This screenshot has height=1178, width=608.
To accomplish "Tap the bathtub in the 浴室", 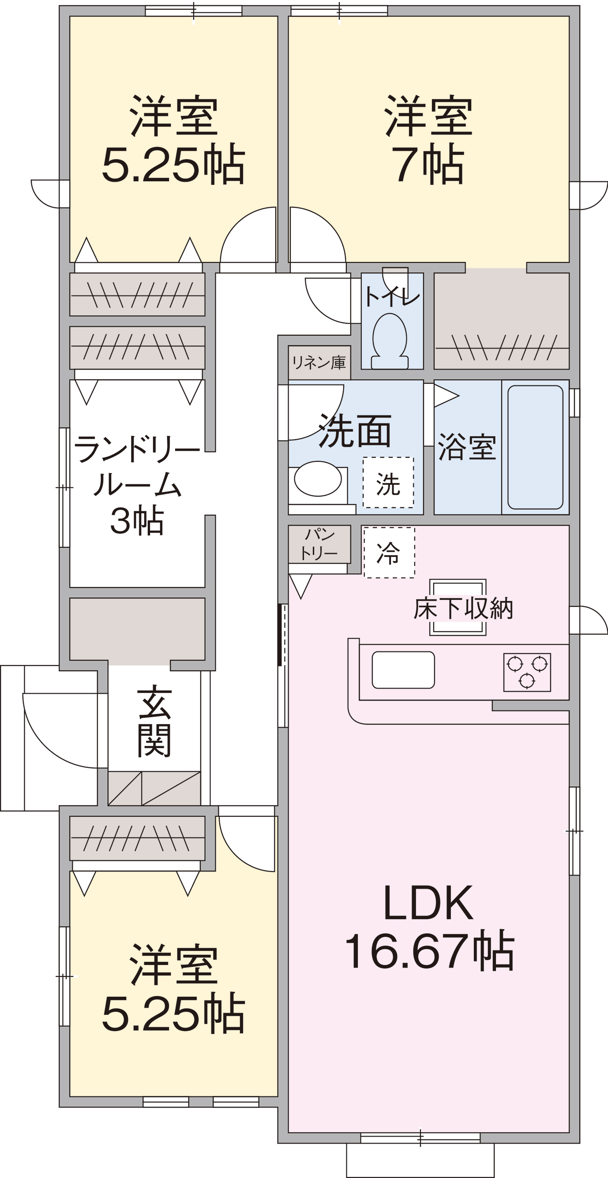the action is (x=535, y=447).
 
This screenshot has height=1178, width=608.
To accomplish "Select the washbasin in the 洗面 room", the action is (x=318, y=479).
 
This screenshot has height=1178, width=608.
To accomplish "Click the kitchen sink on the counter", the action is (x=403, y=669).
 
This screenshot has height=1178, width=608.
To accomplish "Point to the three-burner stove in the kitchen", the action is (x=527, y=672).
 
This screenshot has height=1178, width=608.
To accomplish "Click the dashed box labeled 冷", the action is (x=389, y=553).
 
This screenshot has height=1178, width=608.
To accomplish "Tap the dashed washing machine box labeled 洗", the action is (x=388, y=482).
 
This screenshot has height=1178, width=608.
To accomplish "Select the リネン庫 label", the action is (x=319, y=362).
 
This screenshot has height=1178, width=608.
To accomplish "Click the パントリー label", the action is (x=319, y=544).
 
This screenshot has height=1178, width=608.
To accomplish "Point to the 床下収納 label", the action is (x=463, y=608).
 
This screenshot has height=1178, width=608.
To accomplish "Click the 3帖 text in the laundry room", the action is (x=137, y=520).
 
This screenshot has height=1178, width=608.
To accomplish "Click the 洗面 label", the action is (x=355, y=430).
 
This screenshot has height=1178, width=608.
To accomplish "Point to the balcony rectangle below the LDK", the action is (x=420, y=1160).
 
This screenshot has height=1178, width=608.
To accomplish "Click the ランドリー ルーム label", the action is (x=137, y=466).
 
